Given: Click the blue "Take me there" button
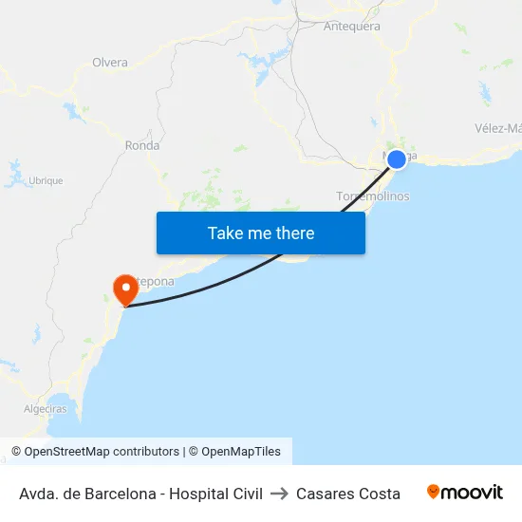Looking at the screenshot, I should point(261,233).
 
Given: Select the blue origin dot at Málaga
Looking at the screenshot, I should point(397,159).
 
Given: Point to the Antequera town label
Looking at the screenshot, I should point(352,27).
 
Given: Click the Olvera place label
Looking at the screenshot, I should point(110,63).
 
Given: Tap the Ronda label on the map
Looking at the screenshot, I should point(142,146).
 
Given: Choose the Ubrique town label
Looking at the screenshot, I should point(46,180).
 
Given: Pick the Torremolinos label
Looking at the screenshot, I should point(373,196).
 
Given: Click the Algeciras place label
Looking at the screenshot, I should point(45,409).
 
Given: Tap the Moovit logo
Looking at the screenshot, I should point(465,493).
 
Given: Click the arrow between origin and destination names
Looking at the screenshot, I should point(279,494).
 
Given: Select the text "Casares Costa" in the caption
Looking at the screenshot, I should point(348,494).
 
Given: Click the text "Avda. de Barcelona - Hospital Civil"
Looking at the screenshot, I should point(140,494).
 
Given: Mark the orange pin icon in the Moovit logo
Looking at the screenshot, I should point(434,492).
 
